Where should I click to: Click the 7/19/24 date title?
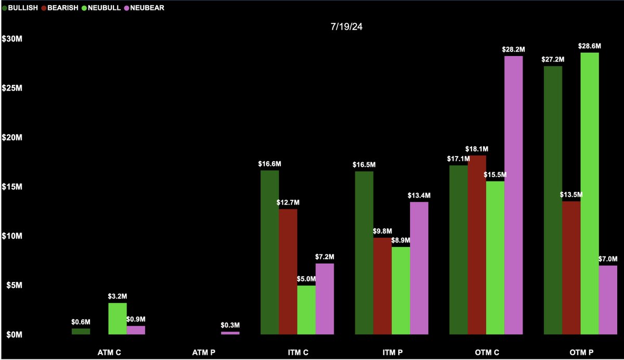coord(346,27)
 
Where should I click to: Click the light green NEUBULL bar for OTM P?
coord(590,193)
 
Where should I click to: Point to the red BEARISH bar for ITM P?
coord(382,286)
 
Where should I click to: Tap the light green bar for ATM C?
coord(118,318)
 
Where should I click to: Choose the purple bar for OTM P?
coord(608,300)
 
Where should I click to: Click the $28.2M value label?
coord(514,49)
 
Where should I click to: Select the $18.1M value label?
coord(477,149)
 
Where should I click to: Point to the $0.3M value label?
coord(230,325)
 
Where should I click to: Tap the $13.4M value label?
coord(419,195)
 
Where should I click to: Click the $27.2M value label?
coord(552,59)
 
